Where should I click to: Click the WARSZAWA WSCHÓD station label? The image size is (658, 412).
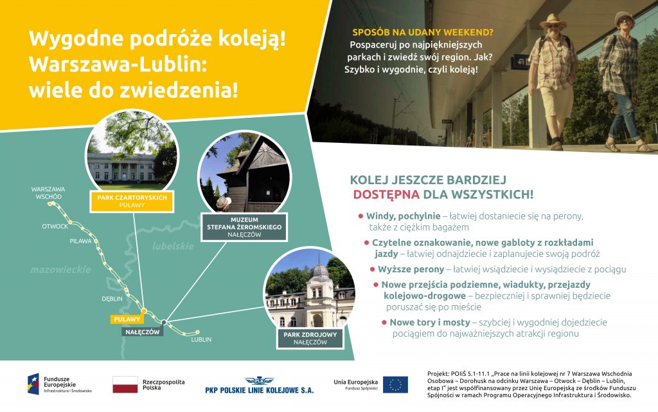pyautogui.click(x=48, y=193)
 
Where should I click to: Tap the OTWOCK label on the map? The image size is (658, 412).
pyautogui.click(x=55, y=226)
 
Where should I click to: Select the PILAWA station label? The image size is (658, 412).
pyautogui.click(x=80, y=241)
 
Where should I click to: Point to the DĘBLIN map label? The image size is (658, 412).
pyautogui.click(x=112, y=299)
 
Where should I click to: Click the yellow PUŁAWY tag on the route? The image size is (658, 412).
pyautogui.click(x=127, y=319)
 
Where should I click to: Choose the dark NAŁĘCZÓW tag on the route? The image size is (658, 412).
pyautogui.click(x=143, y=332)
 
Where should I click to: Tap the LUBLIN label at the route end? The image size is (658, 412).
pyautogui.click(x=201, y=339)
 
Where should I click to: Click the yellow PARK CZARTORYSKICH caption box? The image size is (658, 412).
pyautogui.click(x=132, y=201)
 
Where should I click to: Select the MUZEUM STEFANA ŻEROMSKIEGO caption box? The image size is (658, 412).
pyautogui.click(x=244, y=227)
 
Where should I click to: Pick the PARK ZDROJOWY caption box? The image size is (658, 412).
pyautogui.click(x=310, y=339)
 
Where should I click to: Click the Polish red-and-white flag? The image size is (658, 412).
pyautogui.click(x=125, y=384)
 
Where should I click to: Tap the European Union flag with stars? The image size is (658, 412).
pyautogui.click(x=395, y=384)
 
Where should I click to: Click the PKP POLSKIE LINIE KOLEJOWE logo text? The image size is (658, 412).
pyautogui.click(x=260, y=390)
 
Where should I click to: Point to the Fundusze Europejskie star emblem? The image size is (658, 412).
pyautogui.click(x=33, y=384)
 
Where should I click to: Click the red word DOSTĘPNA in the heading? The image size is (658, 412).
pyautogui.click(x=386, y=194)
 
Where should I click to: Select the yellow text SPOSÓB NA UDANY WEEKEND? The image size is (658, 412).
pyautogui.click(x=423, y=32)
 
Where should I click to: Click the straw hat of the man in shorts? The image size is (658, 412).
pyautogui.click(x=553, y=20)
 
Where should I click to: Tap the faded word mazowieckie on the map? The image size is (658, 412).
pyautogui.click(x=61, y=270)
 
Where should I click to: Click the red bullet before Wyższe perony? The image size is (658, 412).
pyautogui.click(x=372, y=270)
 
